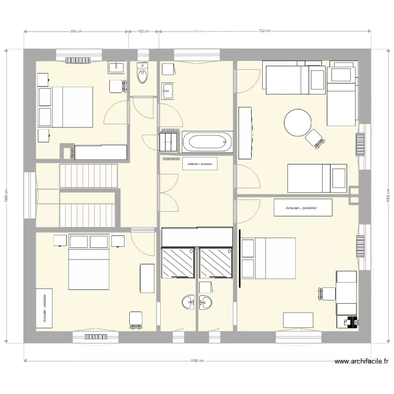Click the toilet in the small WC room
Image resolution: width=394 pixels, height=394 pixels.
coord(142,75)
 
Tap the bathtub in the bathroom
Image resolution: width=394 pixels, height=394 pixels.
coord(208,142)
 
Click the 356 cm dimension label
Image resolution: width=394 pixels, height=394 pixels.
coord(76,32)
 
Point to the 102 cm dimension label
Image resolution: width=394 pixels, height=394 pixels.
coord(143,32)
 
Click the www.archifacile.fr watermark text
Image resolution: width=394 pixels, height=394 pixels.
coord(362,361)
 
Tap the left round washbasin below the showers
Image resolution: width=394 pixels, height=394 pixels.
coord(188,302)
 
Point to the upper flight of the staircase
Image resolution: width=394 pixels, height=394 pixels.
coord(88,175)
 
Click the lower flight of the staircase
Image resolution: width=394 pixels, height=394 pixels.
coord(88,208)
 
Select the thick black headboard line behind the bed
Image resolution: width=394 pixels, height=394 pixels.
coord(240,258)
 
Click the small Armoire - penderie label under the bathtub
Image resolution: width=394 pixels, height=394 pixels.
coord(199,164)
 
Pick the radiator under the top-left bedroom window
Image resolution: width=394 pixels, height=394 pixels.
coord(78,60)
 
